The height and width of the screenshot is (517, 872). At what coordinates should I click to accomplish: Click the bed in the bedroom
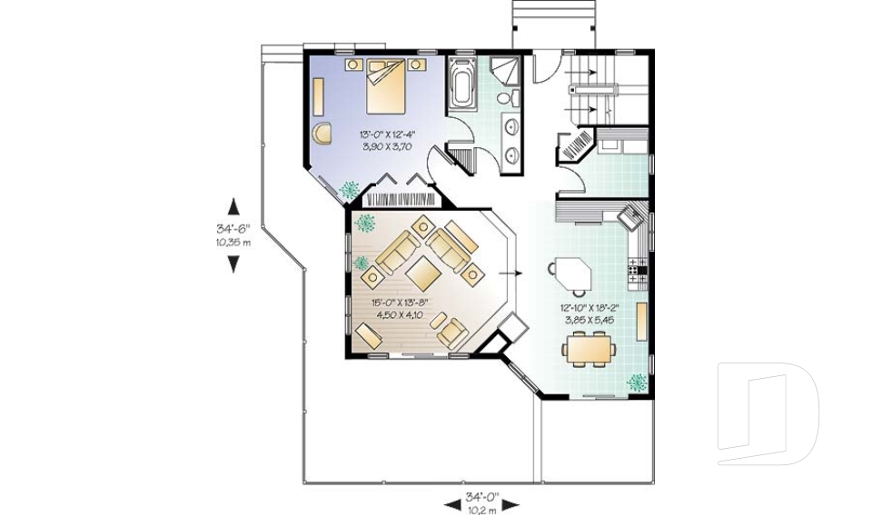tap(386, 86)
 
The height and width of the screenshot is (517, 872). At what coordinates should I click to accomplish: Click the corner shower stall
tap(505, 71)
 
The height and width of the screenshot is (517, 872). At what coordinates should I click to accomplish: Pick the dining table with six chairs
tap(590, 348)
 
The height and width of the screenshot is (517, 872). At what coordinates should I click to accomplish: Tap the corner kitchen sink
tap(632, 216)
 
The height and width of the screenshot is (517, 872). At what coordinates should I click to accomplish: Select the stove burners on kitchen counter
tap(638, 271)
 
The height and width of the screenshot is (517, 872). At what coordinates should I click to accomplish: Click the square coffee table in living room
tap(424, 273)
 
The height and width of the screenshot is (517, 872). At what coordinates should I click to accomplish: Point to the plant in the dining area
tap(636, 383)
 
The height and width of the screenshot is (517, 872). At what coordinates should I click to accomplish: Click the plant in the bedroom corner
tap(349, 190)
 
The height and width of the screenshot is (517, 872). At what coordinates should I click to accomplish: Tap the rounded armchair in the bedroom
tap(322, 133)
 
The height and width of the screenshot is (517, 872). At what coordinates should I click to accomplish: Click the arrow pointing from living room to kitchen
tap(510, 273)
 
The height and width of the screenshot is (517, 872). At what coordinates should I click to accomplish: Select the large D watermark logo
tap(768, 413)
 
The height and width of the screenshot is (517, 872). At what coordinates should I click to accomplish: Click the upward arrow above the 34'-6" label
tap(233, 206)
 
